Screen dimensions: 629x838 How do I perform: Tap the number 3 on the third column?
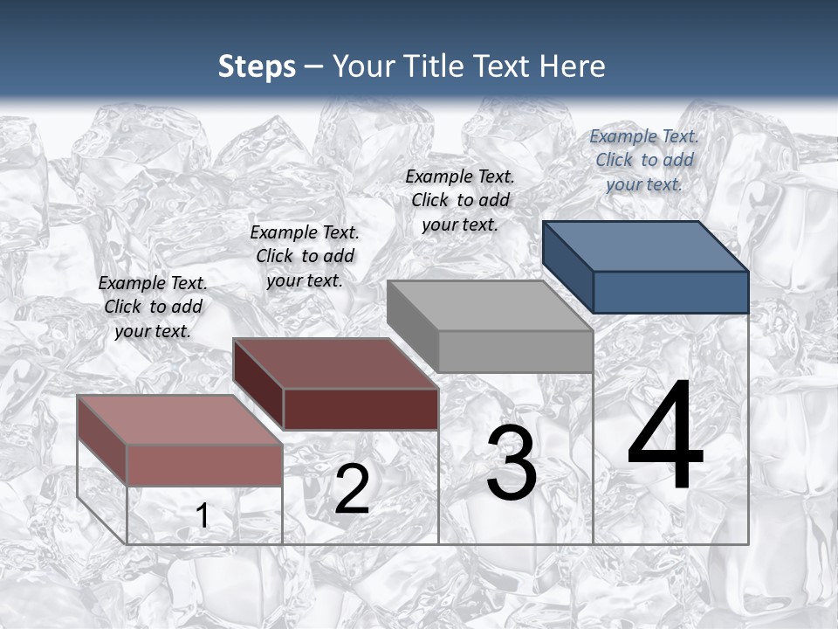pyautogui.click(x=512, y=464)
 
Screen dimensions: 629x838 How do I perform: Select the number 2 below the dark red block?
pyautogui.click(x=352, y=489)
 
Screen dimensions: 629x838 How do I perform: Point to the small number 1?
pyautogui.click(x=203, y=516)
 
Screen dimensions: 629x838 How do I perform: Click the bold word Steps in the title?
pyautogui.click(x=257, y=66)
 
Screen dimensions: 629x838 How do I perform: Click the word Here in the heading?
pyautogui.click(x=573, y=66)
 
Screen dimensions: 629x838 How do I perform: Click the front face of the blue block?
pyautogui.click(x=670, y=292)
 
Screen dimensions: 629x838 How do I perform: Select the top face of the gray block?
pyautogui.click(x=490, y=306)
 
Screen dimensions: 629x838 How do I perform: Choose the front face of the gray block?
pyautogui.click(x=515, y=351)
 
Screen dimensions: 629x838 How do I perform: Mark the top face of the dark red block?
pyautogui.click(x=335, y=363)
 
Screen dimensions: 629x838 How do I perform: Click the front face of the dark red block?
pyautogui.click(x=361, y=409)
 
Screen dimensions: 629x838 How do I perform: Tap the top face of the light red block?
pyautogui.click(x=180, y=419)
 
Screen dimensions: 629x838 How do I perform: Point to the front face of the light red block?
pyautogui.click(x=204, y=465)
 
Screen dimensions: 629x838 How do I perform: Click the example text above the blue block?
pyautogui.click(x=644, y=160)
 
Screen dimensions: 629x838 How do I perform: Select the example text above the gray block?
pyautogui.click(x=460, y=200)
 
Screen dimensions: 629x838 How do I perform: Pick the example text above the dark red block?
pyautogui.click(x=305, y=256)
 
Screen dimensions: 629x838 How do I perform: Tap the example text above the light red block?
pyautogui.click(x=153, y=307)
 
